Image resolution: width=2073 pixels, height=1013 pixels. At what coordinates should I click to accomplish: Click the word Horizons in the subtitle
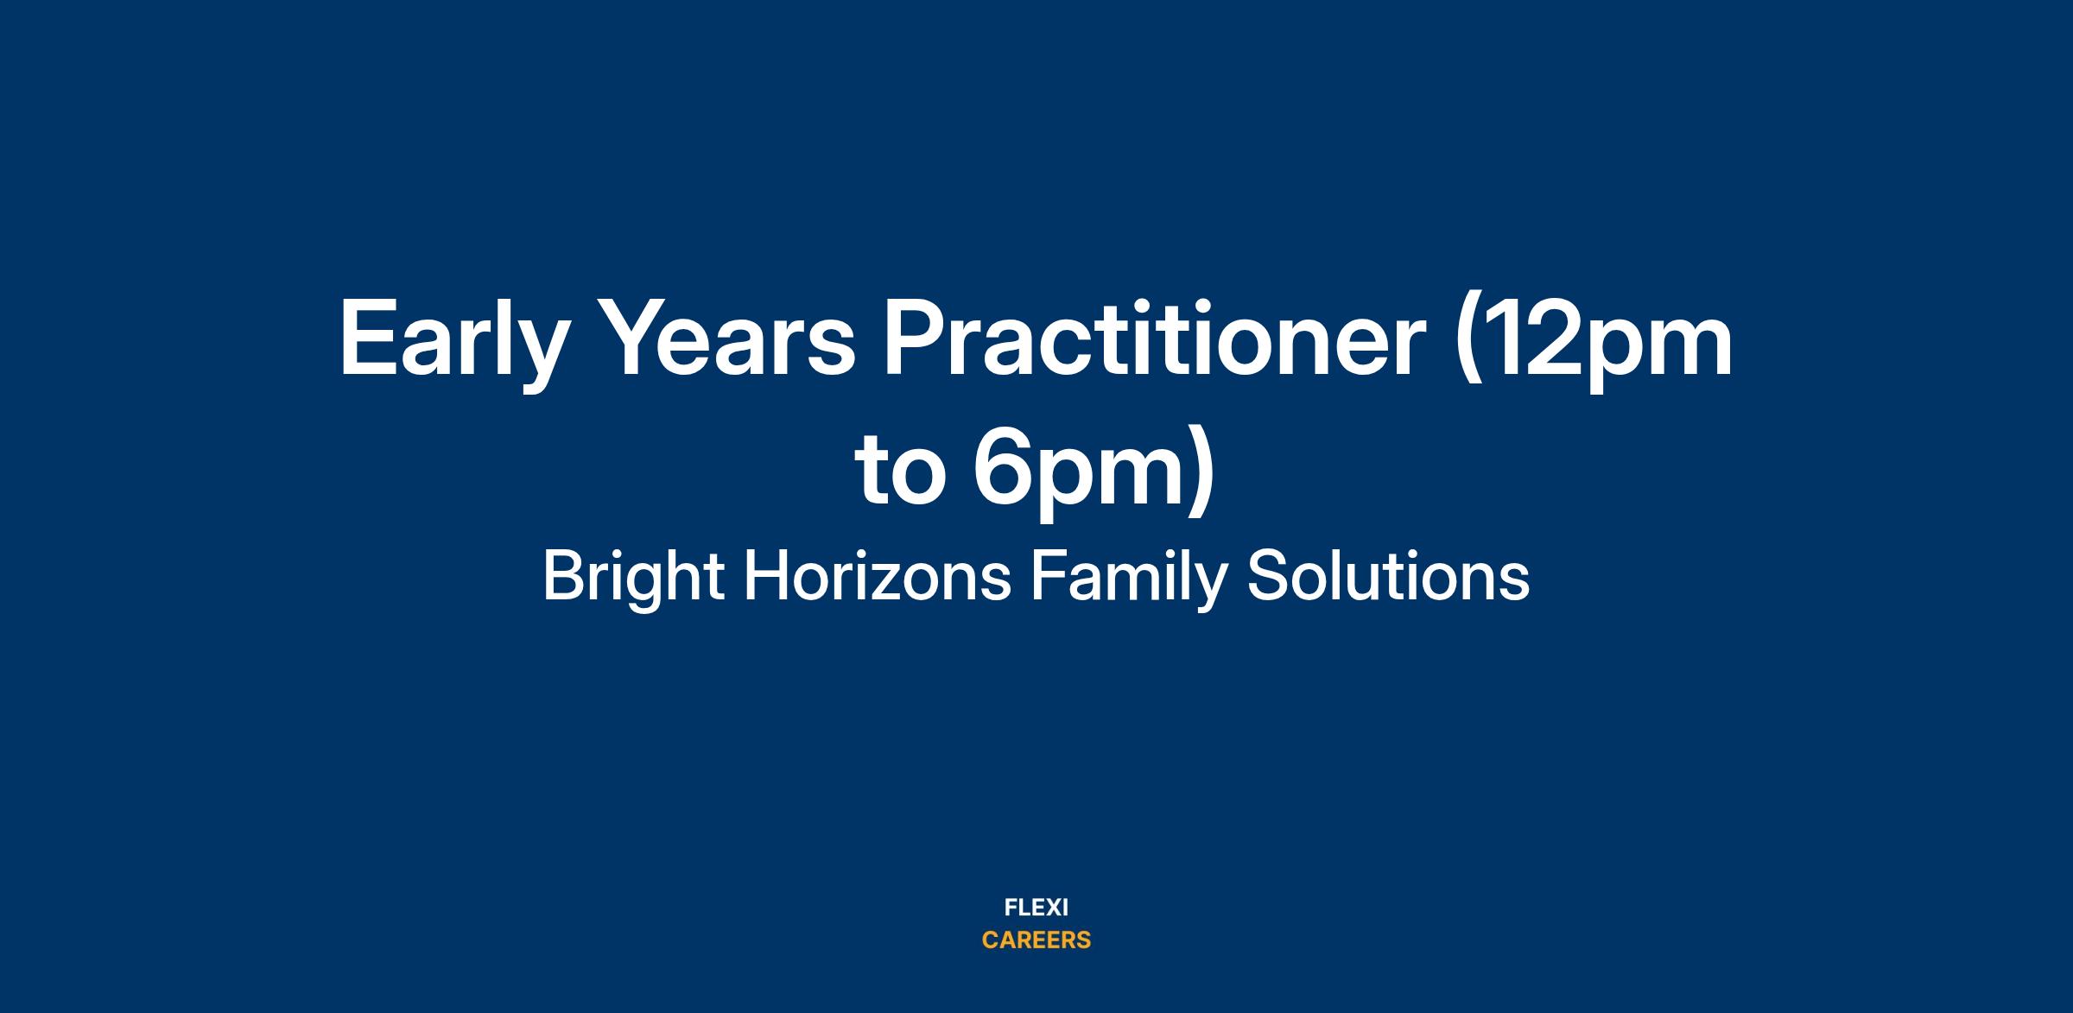(878, 577)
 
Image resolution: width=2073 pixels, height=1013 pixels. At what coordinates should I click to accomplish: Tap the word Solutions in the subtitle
(1388, 577)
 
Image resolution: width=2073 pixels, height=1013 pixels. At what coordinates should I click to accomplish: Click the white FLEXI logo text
(1036, 908)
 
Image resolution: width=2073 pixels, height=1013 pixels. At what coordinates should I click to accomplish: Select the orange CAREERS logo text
(1036, 940)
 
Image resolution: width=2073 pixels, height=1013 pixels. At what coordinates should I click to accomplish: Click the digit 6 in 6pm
(1004, 466)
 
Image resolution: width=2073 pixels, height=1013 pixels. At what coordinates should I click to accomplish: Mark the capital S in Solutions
(1265, 577)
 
